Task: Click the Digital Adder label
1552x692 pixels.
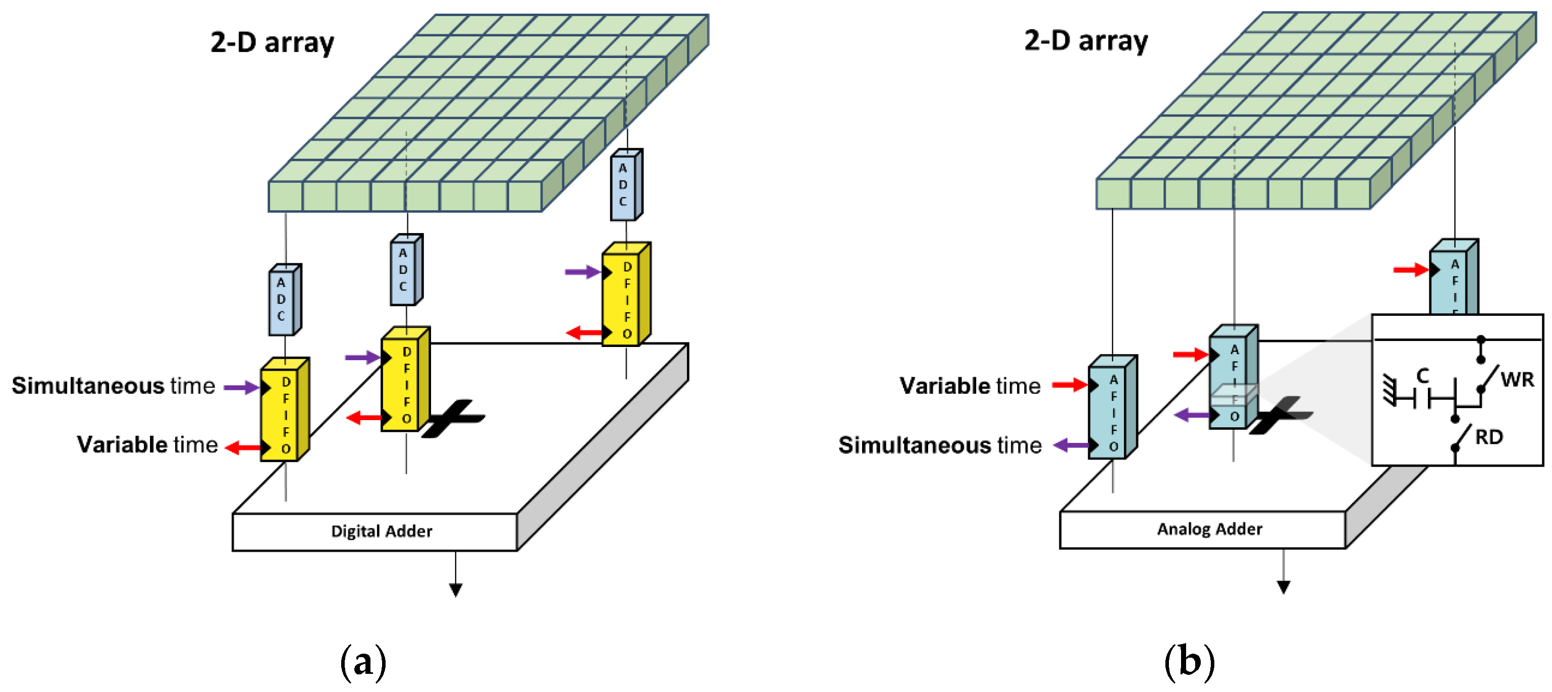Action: [x=382, y=531]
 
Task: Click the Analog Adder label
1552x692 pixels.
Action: [x=1209, y=529]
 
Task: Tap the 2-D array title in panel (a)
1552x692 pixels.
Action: [x=272, y=43]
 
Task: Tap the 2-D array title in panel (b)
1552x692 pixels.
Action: [x=1086, y=41]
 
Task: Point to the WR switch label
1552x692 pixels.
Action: [x=1517, y=379]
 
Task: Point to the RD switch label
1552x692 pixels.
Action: [x=1489, y=437]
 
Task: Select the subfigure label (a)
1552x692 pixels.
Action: [x=363, y=662]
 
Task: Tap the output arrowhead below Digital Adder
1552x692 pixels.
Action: [x=455, y=590]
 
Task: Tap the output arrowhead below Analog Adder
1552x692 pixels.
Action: [x=1283, y=587]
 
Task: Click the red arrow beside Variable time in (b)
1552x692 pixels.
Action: [x=1069, y=385]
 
